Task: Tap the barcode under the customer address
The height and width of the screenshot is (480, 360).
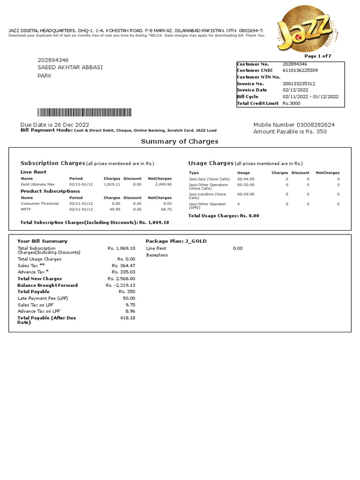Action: (84, 112)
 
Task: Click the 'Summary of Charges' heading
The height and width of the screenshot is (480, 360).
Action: (180, 141)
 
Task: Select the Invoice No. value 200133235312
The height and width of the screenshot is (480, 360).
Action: (299, 83)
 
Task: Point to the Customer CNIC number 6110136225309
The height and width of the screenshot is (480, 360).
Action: (300, 70)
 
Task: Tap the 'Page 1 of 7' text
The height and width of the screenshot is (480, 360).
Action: (318, 56)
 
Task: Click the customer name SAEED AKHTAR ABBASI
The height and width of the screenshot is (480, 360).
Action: (70, 67)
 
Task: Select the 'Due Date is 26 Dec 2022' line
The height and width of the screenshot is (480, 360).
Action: (54, 124)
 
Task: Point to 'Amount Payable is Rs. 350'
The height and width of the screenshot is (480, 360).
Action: (290, 132)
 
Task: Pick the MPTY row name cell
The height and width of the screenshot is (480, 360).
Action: (26, 210)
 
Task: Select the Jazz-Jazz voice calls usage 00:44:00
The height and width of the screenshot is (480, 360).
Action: (246, 179)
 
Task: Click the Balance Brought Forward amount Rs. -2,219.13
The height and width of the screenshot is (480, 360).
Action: (120, 285)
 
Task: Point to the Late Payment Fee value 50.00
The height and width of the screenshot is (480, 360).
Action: (129, 298)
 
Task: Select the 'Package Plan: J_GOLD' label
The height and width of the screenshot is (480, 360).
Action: (176, 241)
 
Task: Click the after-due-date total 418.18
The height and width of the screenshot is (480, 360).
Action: (127, 318)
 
